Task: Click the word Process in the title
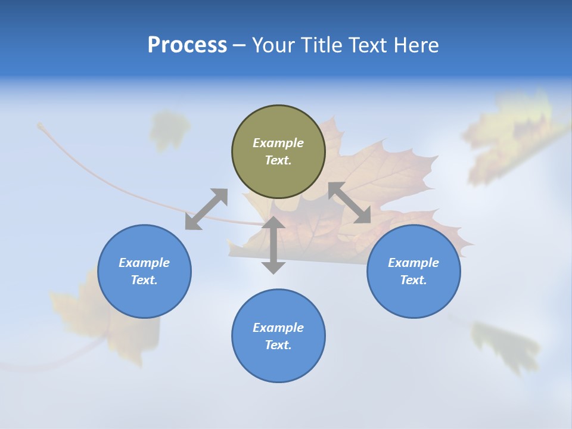coord(187,45)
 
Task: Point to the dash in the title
coord(240,46)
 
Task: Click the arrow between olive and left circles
coord(206,209)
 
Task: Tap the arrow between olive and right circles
coord(350,203)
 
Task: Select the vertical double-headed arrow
coord(273,245)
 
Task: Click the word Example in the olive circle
coord(278,143)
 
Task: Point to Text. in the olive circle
coord(278,160)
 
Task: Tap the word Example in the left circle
coord(144,263)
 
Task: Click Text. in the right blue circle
coord(414,280)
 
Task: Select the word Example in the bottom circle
coord(278,328)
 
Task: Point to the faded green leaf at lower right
coord(503,346)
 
